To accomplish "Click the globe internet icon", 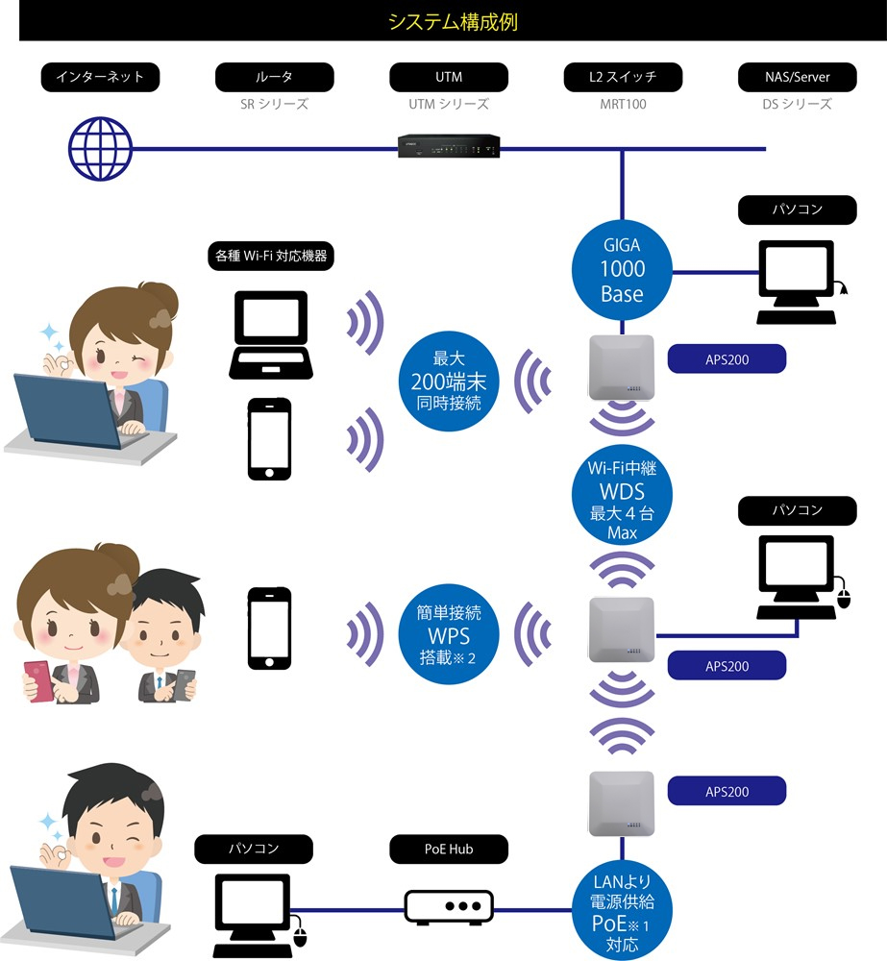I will coord(100,149).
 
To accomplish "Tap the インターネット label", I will coord(100,77).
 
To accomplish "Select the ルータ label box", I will coord(275,77).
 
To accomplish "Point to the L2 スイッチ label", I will coord(623,77).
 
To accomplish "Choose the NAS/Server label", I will coord(797,77).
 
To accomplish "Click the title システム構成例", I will coord(453,22).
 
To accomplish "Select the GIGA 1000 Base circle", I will coord(622,269).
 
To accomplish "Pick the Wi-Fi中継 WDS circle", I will coord(622,499).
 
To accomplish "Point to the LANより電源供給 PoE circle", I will coord(622,910).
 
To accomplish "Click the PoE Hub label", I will coord(449,850).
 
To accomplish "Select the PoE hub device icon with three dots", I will coord(449,906).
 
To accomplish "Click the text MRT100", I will coord(623,104).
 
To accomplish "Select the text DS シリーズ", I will coord(797,104).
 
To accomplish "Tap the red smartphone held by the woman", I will coord(41,679).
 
